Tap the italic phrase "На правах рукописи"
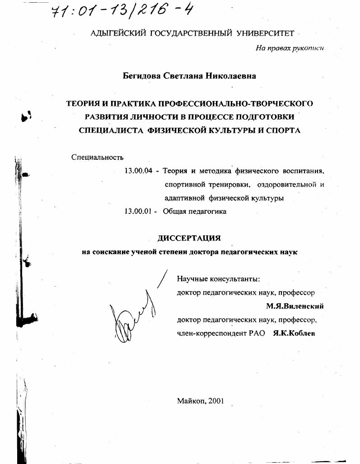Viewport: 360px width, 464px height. tap(290, 48)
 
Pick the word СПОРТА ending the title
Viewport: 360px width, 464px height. tap(285, 130)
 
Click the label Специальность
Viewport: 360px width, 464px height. tap(98, 157)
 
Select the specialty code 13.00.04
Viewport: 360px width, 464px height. tap(138, 171)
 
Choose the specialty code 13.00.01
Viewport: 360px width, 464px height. tap(138, 211)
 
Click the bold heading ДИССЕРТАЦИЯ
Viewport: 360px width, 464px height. tap(189, 238)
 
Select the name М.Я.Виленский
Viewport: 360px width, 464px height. tap(295, 306)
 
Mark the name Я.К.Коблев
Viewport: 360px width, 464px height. tap(294, 333)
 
